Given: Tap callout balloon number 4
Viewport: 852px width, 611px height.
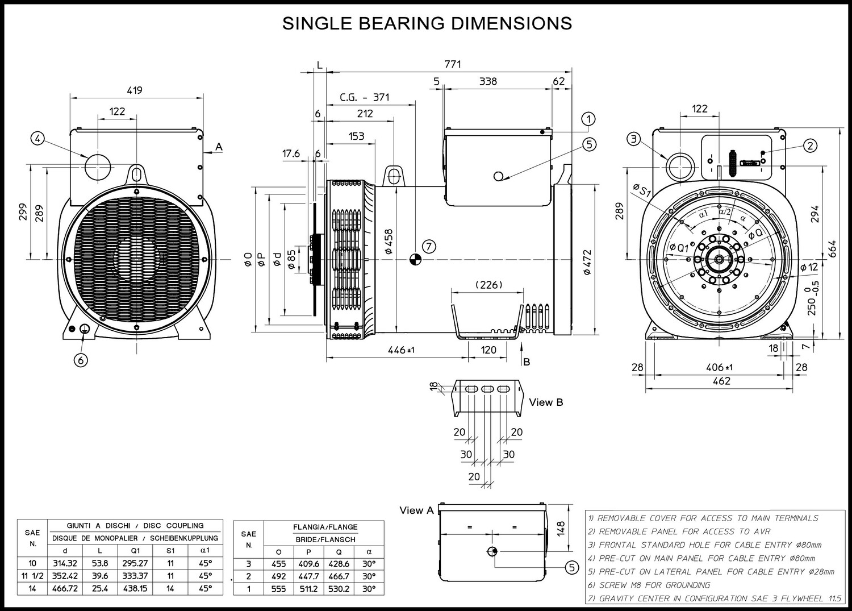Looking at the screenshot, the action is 37,139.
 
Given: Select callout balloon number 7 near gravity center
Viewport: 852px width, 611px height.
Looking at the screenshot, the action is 429,247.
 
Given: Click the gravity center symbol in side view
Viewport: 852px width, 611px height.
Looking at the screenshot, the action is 415,260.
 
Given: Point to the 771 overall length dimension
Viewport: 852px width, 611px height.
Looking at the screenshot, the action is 453,64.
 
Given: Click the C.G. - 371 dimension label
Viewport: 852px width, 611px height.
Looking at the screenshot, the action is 365,97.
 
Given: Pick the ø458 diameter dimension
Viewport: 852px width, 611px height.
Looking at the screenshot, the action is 389,242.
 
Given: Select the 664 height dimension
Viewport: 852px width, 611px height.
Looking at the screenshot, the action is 832,248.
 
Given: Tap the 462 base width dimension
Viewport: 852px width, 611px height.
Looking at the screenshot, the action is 721,381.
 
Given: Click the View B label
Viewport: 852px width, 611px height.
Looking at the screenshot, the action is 546,402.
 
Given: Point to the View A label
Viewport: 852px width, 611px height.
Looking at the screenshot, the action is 416,510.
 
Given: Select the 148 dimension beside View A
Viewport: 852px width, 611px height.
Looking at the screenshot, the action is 561,529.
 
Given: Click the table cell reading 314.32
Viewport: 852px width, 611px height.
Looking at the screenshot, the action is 65,563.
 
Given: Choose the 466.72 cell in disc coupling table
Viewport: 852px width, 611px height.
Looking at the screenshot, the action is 65,588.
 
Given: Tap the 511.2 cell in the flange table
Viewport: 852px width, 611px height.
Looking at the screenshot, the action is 308,589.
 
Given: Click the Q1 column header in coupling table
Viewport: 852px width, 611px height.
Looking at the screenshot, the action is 135,551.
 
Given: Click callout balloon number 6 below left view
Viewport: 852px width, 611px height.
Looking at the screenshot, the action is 81,360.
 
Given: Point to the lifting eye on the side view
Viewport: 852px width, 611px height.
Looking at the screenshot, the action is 395,176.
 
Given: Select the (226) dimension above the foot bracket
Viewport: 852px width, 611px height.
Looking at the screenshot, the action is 488,284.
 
